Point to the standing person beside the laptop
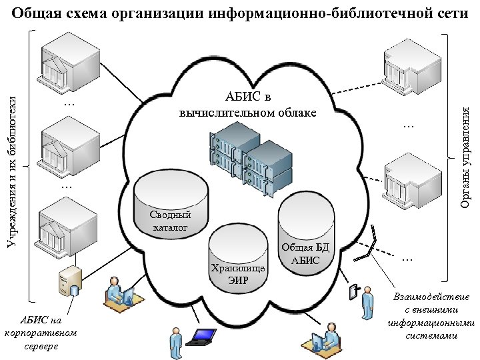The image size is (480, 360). click(x=175, y=341)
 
